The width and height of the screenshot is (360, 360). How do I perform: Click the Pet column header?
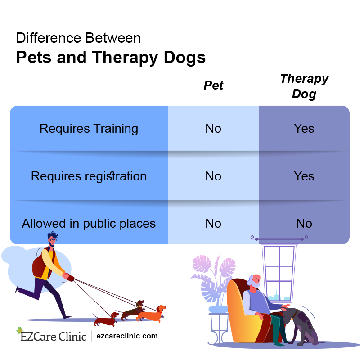click(213, 85)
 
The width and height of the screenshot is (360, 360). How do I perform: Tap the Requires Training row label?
click(89, 129)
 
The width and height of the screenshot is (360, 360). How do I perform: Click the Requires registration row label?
click(89, 176)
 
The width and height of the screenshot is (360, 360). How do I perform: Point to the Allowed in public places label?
click(89, 224)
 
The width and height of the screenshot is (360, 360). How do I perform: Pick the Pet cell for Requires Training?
click(213, 129)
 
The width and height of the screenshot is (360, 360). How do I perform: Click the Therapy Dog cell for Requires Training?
click(304, 129)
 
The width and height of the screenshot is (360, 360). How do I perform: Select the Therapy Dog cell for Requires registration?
click(304, 176)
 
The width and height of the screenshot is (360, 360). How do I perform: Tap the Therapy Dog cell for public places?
click(304, 224)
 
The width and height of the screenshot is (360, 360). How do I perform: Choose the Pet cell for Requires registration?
click(213, 176)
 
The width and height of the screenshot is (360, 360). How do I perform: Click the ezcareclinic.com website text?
click(127, 336)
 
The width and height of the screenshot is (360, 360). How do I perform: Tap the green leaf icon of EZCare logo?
click(19, 330)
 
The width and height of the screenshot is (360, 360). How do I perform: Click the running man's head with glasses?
click(52, 239)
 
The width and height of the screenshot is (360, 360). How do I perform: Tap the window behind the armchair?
click(279, 270)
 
